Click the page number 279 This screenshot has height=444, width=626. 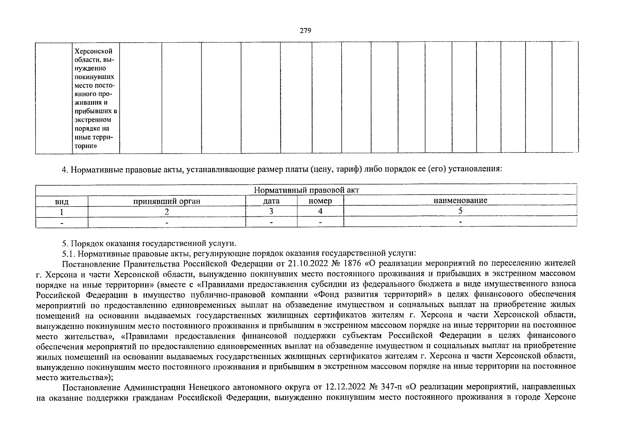[305, 31]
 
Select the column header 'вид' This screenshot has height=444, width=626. [62, 201]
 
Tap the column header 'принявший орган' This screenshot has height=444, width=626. [167, 201]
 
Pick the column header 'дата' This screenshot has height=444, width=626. [271, 201]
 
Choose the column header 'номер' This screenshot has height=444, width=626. [320, 201]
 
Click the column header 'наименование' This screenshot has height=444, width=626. [460, 201]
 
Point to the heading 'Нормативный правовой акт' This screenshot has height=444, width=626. [307, 190]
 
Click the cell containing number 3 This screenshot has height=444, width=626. [271, 211]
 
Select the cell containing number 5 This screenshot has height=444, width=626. [460, 211]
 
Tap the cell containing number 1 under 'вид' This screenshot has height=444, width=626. [62, 212]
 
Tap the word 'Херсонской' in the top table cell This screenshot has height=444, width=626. [93, 51]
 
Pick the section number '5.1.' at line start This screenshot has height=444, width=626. [69, 253]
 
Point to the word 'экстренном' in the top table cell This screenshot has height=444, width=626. [93, 120]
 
